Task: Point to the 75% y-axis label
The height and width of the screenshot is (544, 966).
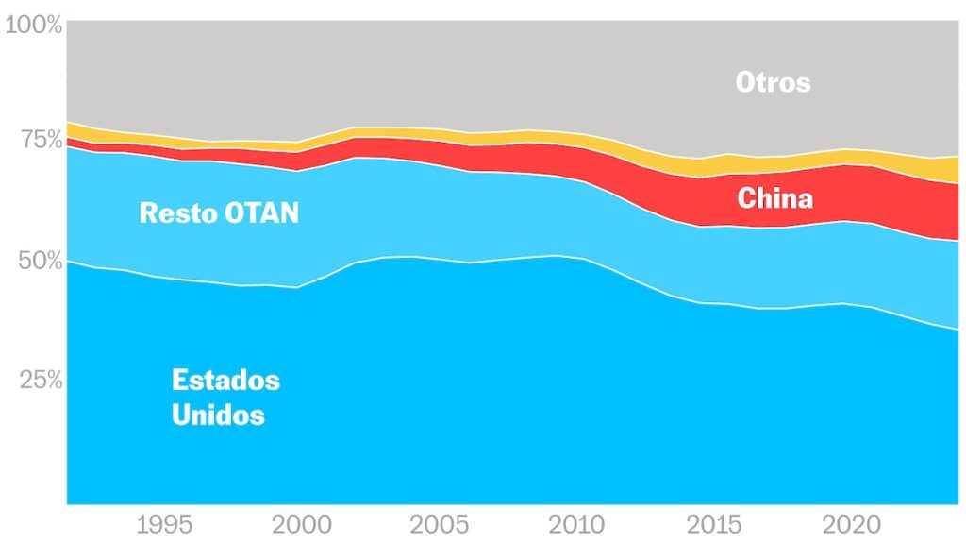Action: pyautogui.click(x=40, y=140)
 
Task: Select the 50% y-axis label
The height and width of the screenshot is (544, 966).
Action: pyautogui.click(x=40, y=261)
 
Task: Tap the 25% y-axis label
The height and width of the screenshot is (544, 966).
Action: pyautogui.click(x=40, y=381)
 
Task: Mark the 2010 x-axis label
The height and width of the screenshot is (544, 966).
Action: pyautogui.click(x=575, y=525)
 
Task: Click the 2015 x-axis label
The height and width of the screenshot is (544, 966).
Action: pyautogui.click(x=710, y=525)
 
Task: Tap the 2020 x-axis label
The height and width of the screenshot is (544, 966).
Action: pyautogui.click(x=846, y=525)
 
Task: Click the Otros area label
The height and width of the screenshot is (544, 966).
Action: pyautogui.click(x=773, y=82)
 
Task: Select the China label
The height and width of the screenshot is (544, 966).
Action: pyautogui.click(x=774, y=198)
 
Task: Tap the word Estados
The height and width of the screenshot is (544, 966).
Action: pyautogui.click(x=225, y=380)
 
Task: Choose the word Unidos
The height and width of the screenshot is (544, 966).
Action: pyautogui.click(x=218, y=415)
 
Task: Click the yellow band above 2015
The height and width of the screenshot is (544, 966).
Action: pyautogui.click(x=712, y=166)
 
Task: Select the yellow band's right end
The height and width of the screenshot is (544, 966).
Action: pyautogui.click(x=955, y=169)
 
